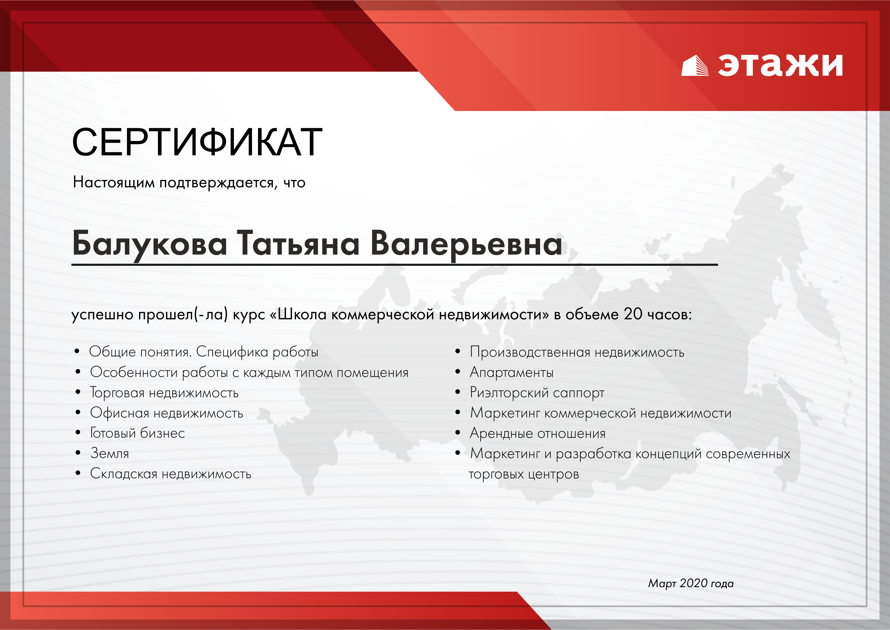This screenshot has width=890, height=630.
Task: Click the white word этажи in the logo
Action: pyautogui.click(x=780, y=64)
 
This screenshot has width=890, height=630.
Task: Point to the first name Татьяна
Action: pyautogui.click(x=298, y=243)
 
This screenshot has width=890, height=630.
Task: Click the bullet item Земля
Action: pyautogui.click(x=109, y=453)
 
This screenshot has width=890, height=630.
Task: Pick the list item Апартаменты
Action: pyautogui.click(x=511, y=372)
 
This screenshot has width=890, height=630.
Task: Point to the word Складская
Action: pyautogui.click(x=123, y=474)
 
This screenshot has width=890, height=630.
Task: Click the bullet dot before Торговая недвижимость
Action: pyautogui.click(x=78, y=392)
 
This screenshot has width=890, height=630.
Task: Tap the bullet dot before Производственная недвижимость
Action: pyautogui.click(x=458, y=352)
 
